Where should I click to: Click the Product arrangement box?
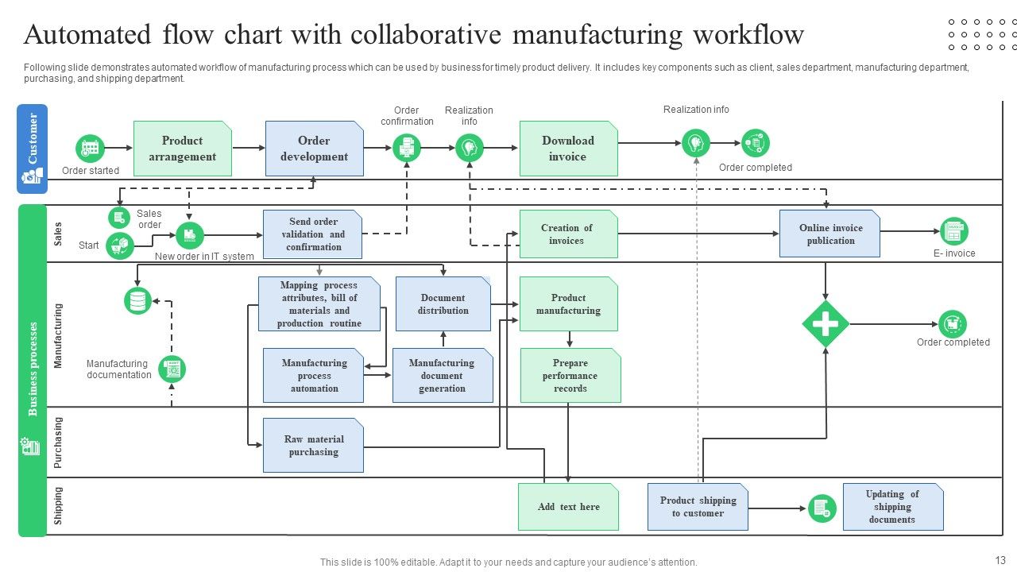[182, 149]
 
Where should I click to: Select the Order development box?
[314, 149]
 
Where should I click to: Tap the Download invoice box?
[568, 149]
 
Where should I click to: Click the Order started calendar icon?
[91, 149]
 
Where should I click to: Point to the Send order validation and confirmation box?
[312, 234]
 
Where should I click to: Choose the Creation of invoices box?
[568, 234]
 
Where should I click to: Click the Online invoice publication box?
[829, 234]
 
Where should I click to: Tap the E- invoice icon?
[953, 232]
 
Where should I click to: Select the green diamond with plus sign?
[826, 324]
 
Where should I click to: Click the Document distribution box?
[443, 304]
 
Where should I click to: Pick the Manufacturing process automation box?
[314, 375]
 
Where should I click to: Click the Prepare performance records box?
[570, 375]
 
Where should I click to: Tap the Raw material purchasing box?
[313, 446]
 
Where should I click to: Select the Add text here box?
[568, 507]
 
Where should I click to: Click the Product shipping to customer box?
[698, 507]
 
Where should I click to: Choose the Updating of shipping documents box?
[892, 507]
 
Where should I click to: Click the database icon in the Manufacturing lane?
[138, 301]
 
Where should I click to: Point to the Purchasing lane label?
[58, 443]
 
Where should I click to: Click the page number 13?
[1000, 560]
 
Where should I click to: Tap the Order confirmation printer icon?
[407, 148]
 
